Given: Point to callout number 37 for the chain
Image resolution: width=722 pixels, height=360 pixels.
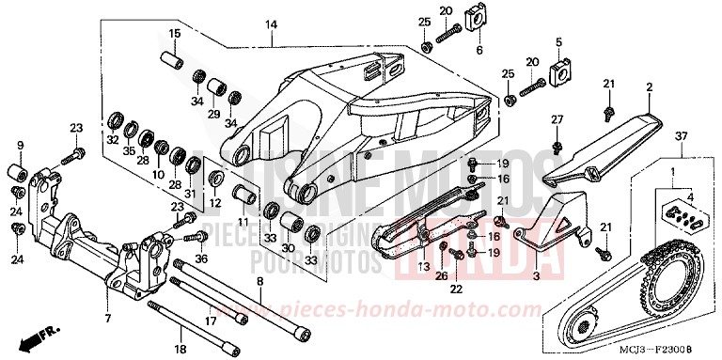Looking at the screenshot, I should click(x=681, y=137).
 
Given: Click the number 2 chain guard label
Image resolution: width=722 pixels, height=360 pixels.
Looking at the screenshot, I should click(x=648, y=88).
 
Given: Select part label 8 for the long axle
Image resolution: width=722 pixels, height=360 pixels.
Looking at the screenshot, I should click(x=259, y=281).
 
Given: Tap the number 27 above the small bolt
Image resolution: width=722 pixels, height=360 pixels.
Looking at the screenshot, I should click(x=557, y=119).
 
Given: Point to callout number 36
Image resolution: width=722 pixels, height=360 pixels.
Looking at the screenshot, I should click(x=199, y=258).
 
